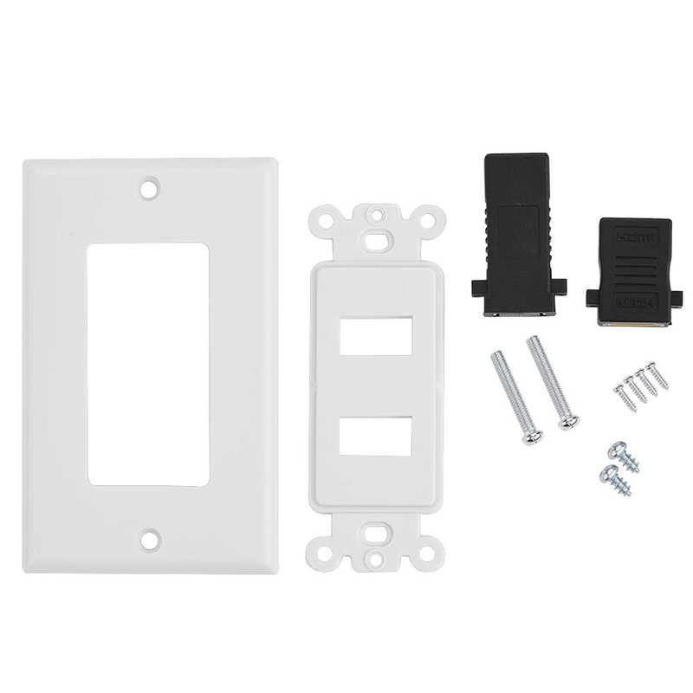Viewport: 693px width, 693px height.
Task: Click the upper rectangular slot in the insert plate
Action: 375,336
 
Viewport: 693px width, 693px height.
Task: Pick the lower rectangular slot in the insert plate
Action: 375,435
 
